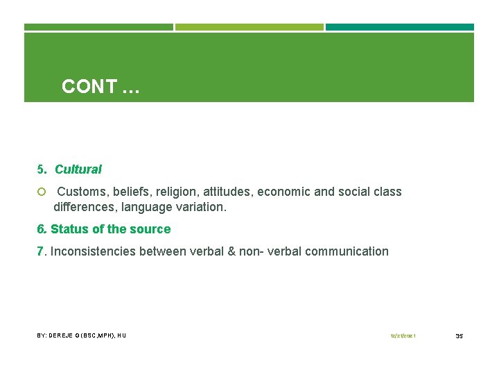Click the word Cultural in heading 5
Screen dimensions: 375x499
click(78, 169)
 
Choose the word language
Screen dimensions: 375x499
click(148, 207)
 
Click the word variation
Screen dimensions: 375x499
click(202, 207)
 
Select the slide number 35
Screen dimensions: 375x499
click(459, 336)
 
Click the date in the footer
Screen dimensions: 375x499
click(403, 336)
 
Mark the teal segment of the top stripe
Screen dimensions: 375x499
click(400, 27)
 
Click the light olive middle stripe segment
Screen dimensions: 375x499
click(249, 27)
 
